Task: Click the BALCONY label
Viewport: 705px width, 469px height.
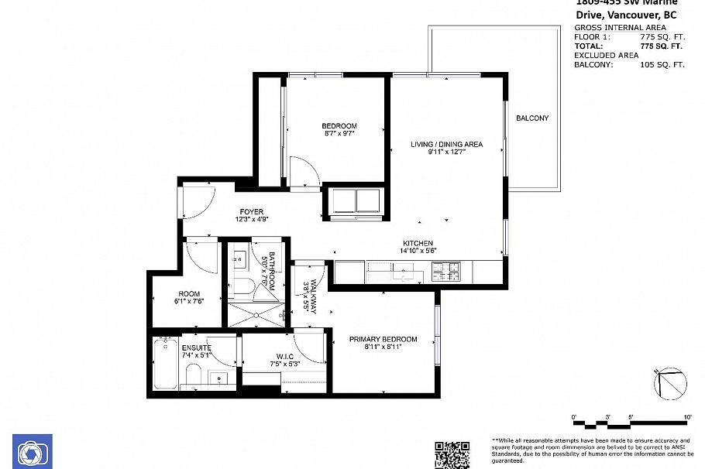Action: (532, 118)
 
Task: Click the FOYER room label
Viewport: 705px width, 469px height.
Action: (251, 212)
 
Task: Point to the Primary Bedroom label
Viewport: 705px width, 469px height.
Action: (383, 339)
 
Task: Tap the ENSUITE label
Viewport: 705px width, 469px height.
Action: (197, 348)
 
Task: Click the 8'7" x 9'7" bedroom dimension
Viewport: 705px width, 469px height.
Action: (339, 134)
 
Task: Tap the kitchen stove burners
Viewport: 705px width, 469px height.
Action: (446, 272)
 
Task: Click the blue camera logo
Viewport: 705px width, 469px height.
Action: (33, 452)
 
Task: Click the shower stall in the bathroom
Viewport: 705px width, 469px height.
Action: (256, 316)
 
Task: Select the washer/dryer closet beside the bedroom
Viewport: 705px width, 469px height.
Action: (355, 200)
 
